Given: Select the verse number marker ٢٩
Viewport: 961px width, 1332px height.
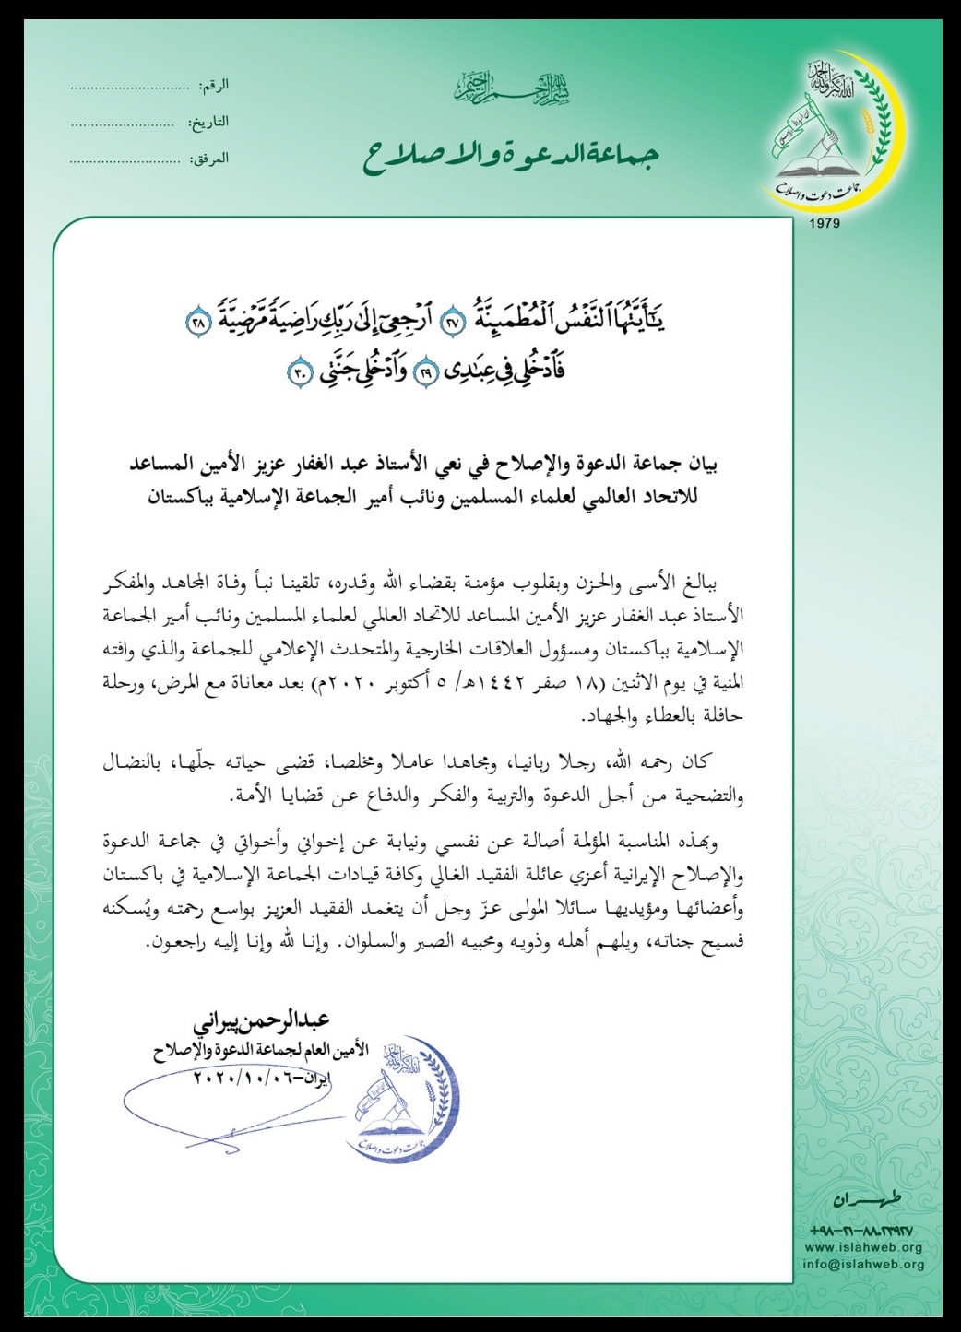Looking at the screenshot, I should click(426, 373).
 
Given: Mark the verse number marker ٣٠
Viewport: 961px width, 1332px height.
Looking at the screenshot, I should click(302, 373).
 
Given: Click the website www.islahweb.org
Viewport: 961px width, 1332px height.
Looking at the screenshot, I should click(863, 1247).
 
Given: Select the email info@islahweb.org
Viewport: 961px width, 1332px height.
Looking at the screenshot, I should click(864, 1264).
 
